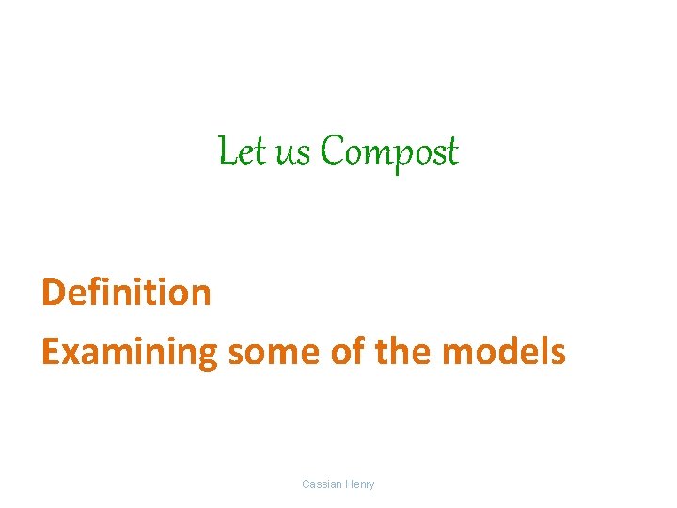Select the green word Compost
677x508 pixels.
point(388,152)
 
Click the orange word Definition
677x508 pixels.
point(126,293)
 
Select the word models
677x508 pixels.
point(504,352)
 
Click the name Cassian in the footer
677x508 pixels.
point(323,484)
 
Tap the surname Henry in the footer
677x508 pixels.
point(360,484)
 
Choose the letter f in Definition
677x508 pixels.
point(92,292)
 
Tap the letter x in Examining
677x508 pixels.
point(67,353)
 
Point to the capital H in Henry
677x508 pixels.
point(350,484)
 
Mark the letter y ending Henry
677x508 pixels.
point(371,486)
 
